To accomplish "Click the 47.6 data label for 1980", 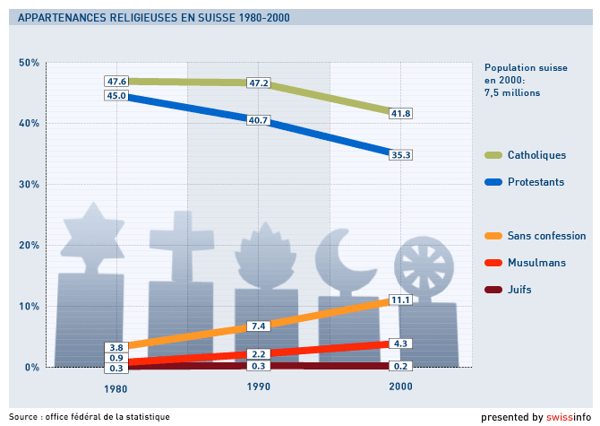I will (116, 82).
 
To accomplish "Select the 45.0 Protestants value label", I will (116, 95).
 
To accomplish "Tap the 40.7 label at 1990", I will (259, 120).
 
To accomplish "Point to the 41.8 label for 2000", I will (401, 114).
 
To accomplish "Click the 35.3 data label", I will (401, 155).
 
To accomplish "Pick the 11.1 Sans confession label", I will (400, 300).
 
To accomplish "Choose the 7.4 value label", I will (259, 326).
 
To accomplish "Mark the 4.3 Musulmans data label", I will (400, 343).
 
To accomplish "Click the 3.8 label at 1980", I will (116, 347).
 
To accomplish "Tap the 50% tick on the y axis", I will (29, 62).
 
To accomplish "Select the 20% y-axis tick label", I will (29, 245).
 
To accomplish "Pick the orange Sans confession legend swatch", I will (493, 236).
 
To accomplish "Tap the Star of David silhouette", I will (90, 236).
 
